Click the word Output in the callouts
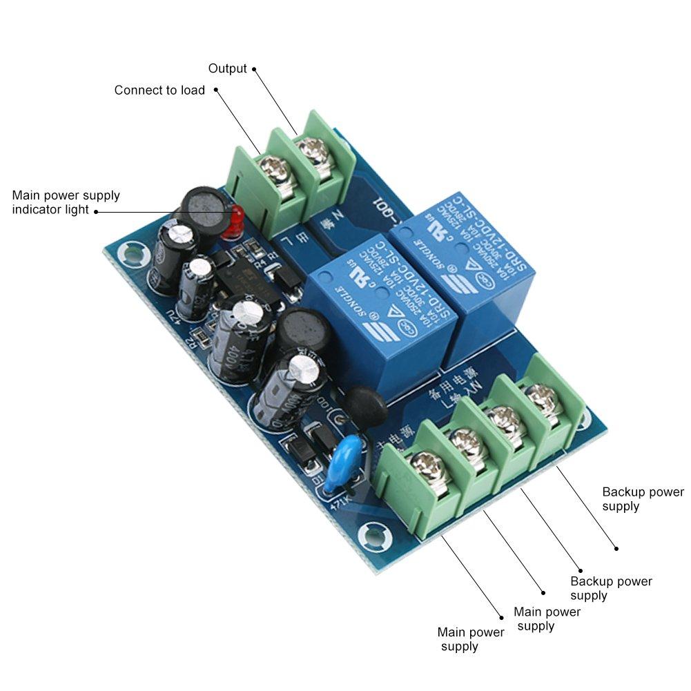click(227, 68)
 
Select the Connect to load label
click(159, 90)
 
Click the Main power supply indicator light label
click(66, 202)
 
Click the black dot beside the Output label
click(254, 69)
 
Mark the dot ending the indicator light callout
click(95, 211)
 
